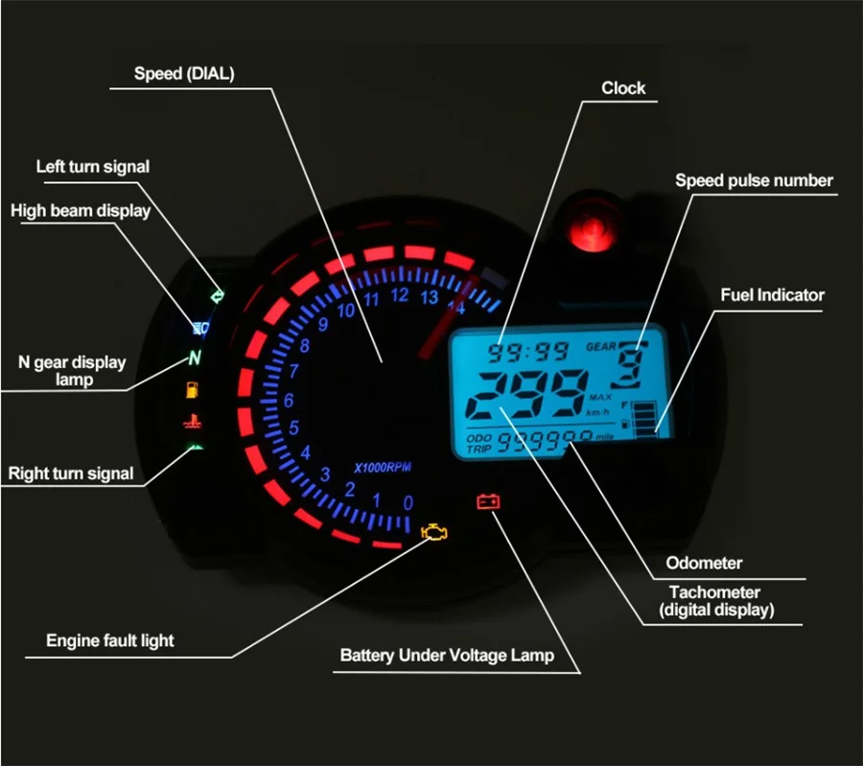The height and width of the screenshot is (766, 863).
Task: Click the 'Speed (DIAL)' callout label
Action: point(184,73)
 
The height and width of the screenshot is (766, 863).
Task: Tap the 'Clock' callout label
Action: point(623,88)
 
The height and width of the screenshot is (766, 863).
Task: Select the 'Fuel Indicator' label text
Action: point(772,295)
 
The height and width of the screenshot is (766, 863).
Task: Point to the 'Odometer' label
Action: point(704,563)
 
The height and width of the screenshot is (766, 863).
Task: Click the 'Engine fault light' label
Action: point(110,640)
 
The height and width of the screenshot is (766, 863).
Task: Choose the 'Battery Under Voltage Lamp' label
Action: point(447,656)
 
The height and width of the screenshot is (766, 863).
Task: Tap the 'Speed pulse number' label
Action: point(754,180)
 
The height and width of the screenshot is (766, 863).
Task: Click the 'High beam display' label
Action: point(81,211)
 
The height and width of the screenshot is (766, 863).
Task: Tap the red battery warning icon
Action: point(489,500)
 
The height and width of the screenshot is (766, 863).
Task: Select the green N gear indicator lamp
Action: point(195,359)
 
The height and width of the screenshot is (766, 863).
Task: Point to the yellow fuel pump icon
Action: point(194,390)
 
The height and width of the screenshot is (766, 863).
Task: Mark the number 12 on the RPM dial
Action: point(400,294)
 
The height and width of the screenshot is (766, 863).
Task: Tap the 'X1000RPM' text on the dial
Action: point(383,467)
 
